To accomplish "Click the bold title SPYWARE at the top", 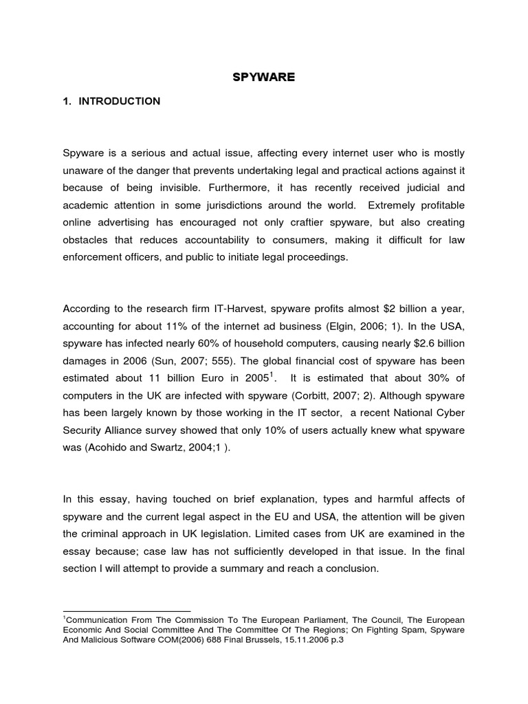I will tap(263, 77).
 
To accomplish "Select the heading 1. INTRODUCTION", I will tap(111, 101).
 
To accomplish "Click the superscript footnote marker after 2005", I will tap(272, 375).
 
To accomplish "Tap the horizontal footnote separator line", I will tap(126, 610).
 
